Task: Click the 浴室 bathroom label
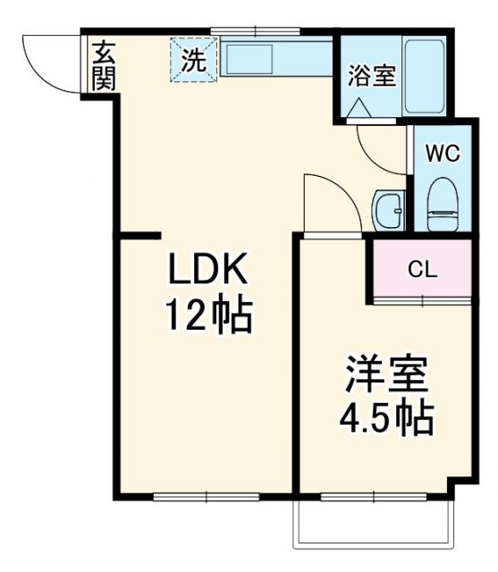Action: point(371,76)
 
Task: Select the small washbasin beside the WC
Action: point(390,211)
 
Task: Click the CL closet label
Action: point(422,269)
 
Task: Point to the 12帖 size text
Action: point(207,314)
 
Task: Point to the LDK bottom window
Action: point(206,495)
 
